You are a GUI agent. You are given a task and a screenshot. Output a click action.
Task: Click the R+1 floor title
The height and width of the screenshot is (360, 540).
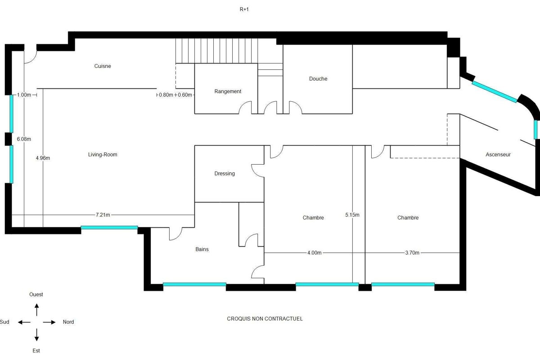click(243, 9)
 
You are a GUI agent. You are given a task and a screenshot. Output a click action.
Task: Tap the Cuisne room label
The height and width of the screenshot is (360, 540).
click(103, 66)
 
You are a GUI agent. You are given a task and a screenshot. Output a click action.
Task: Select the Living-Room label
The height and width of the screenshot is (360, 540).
click(103, 154)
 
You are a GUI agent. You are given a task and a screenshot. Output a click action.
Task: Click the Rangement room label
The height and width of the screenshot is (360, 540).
click(228, 91)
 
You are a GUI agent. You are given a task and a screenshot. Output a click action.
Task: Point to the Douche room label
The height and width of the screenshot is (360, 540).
click(318, 79)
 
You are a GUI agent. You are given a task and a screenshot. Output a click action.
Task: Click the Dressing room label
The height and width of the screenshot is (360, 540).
click(225, 173)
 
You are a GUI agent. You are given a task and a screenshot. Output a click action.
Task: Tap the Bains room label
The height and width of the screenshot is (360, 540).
click(202, 249)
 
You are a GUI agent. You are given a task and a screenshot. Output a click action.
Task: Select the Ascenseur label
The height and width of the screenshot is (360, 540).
click(498, 154)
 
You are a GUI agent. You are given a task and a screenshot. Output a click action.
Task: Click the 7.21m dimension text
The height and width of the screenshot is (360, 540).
click(103, 215)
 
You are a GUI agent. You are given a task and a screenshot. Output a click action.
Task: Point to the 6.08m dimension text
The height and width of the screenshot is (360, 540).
click(24, 139)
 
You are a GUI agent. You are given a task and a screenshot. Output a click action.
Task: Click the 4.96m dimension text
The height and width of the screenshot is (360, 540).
click(43, 158)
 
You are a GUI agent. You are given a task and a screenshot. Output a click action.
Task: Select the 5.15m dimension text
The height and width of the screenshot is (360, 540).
click(352, 215)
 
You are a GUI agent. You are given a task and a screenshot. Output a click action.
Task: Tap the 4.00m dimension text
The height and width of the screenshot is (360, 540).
click(314, 253)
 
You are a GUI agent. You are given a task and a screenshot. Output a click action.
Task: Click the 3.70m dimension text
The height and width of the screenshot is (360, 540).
click(412, 253)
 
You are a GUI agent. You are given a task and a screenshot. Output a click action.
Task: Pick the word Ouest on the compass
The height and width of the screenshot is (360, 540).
click(36, 294)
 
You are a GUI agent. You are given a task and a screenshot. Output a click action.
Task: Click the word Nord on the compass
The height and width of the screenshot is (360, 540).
click(68, 322)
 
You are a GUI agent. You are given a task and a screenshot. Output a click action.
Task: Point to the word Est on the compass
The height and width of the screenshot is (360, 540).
click(36, 350)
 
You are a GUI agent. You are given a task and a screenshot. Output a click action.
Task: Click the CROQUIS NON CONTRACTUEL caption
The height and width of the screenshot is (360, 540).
click(265, 319)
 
